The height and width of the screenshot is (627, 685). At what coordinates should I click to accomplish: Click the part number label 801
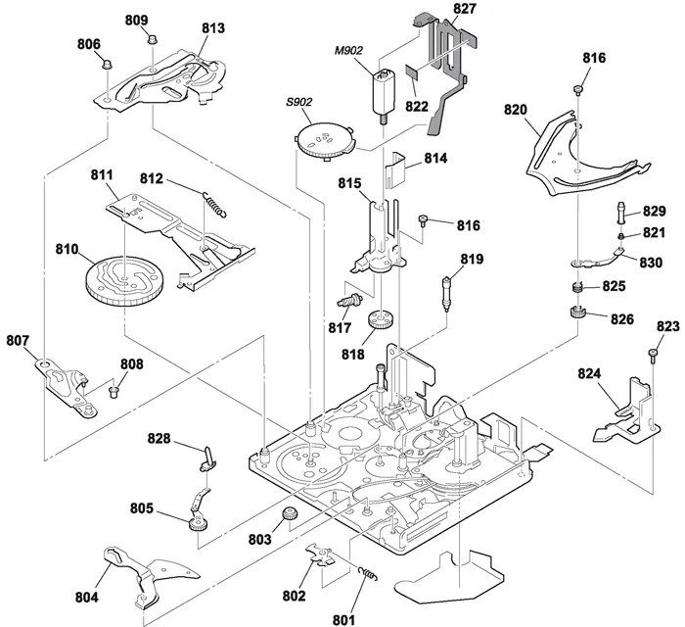pyautogui.click(x=342, y=617)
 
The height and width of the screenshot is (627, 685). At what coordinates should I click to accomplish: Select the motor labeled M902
pyautogui.click(x=383, y=94)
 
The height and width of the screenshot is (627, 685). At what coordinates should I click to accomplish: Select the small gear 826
pyautogui.click(x=577, y=313)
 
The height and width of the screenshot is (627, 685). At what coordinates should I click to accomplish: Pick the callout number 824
pyautogui.click(x=591, y=373)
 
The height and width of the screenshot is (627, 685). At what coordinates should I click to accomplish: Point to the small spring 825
pyautogui.click(x=577, y=288)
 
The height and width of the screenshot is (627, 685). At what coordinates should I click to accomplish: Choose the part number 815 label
pyautogui.click(x=349, y=183)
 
